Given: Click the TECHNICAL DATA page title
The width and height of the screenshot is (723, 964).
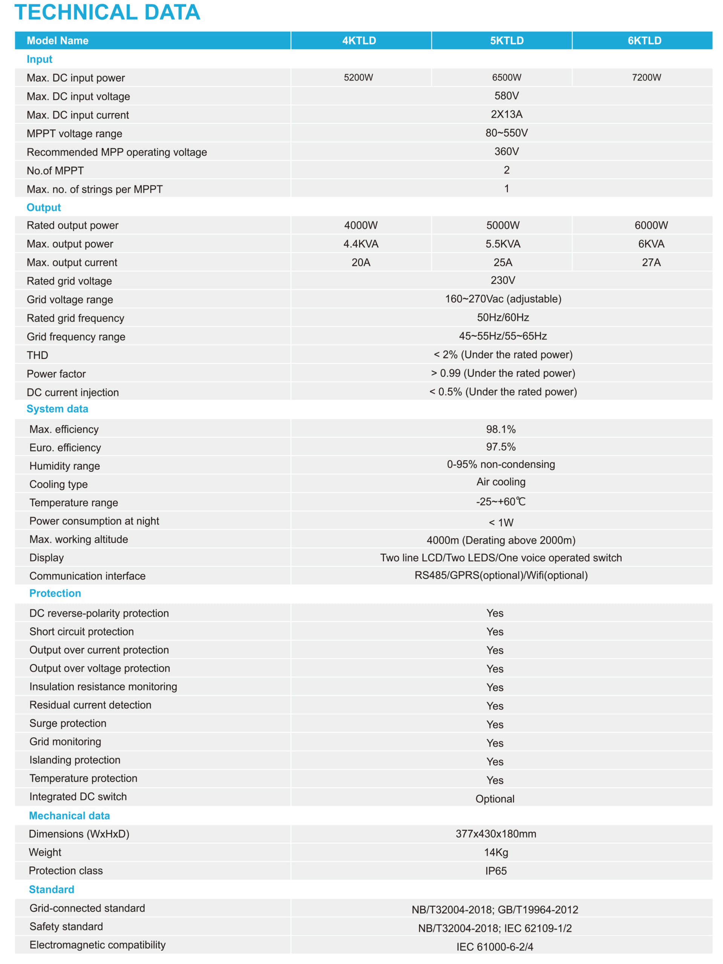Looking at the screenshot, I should point(107,12).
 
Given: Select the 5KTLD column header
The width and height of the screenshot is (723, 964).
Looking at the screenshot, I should point(506,41).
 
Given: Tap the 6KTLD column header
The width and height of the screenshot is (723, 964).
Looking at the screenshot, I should point(644,41).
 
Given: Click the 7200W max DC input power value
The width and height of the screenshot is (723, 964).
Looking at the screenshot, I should point(646,78).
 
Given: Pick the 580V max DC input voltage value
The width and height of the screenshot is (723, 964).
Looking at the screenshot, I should point(506,96).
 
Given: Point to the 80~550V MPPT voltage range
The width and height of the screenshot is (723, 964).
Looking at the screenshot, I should point(506,133).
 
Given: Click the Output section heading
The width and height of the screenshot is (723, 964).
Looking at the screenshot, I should point(44,207).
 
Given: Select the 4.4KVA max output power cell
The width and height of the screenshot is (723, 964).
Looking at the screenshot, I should point(361,244).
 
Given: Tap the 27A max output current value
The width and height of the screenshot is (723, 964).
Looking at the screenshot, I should point(651,262).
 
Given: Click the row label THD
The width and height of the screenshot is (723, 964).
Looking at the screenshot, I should point(38,355).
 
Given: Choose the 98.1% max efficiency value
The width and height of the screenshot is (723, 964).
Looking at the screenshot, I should point(501,429).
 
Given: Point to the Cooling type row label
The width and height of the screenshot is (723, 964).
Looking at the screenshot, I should point(58,484).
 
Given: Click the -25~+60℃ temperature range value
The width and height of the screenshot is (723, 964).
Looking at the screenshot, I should point(501,502).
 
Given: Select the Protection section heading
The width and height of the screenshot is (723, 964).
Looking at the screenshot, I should point(55,593).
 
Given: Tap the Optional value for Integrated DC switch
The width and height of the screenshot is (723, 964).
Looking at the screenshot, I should point(495,799).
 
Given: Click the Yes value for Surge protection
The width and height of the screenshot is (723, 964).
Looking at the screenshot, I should point(495,724).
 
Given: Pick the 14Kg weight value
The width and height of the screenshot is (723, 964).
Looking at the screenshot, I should point(496,852).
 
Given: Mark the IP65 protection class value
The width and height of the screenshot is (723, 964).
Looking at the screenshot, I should point(496,871).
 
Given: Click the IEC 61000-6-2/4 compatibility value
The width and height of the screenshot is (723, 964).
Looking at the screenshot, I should point(495,947).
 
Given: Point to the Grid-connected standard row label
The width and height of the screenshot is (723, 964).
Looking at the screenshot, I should point(87,908).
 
